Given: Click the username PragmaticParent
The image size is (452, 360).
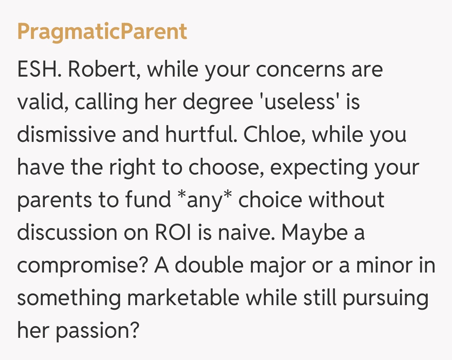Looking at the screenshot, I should (102, 32).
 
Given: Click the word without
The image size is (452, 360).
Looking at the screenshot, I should (347, 200).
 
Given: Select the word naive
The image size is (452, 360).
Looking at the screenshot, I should (244, 232).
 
